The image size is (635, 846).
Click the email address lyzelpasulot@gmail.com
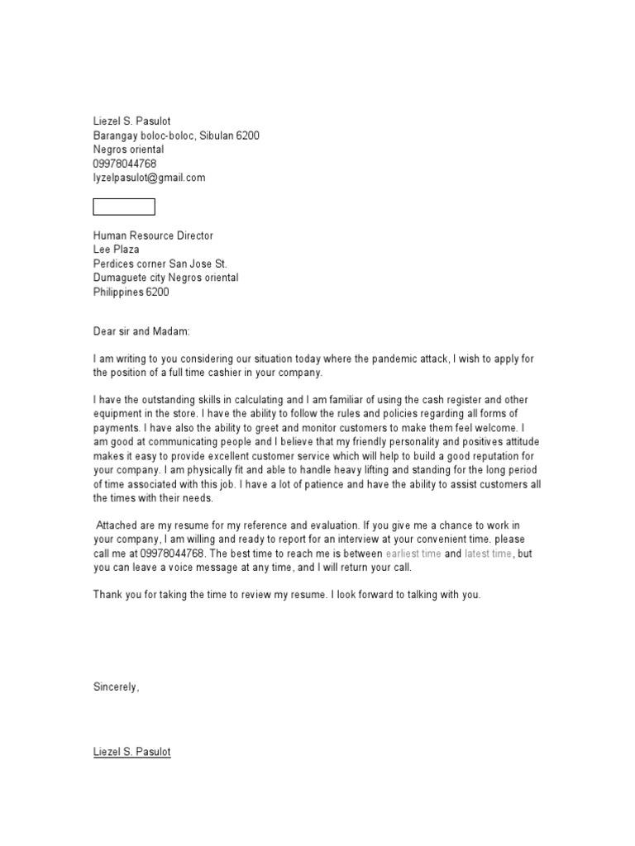pyautogui.click(x=149, y=178)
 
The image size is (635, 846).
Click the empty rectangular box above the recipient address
pyautogui.click(x=123, y=207)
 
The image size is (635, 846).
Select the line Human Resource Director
pyautogui.click(x=153, y=235)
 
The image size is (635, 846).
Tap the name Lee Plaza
pyautogui.click(x=116, y=250)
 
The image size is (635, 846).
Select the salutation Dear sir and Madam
pyautogui.click(x=141, y=330)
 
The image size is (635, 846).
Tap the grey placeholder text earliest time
pyautogui.click(x=413, y=554)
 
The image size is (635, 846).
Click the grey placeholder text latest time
pyautogui.click(x=488, y=554)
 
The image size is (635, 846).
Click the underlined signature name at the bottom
pyautogui.click(x=131, y=753)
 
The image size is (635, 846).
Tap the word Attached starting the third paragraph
pyautogui.click(x=120, y=525)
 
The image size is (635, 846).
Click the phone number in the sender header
pyautogui.click(x=124, y=164)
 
